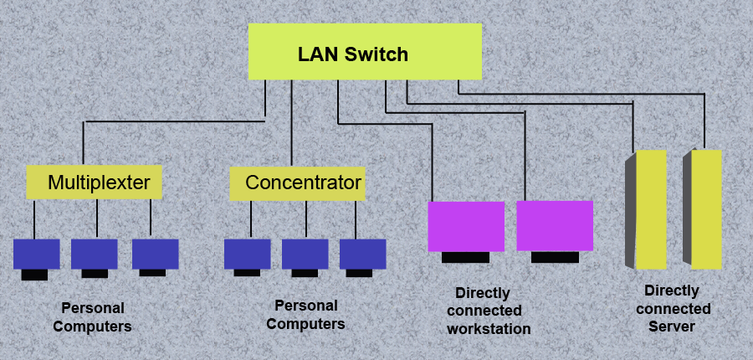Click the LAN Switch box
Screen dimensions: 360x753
point(365,52)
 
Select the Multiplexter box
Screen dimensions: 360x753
point(93,183)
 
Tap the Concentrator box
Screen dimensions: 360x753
point(297,183)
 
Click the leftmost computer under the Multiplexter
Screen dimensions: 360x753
point(36,254)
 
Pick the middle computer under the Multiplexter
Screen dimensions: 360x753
point(94,254)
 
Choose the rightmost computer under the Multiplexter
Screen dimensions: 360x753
point(155,254)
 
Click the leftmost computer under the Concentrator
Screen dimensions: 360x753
point(247,254)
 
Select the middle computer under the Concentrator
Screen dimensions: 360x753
point(305,254)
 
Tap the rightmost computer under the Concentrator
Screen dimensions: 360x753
point(362,254)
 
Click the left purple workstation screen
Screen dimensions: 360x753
point(466,226)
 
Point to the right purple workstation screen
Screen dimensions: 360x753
point(555,225)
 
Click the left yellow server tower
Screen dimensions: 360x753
point(650,209)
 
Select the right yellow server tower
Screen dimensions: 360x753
point(706,209)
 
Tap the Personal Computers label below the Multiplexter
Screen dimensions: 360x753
point(92,317)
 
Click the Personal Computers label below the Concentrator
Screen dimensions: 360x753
point(306,315)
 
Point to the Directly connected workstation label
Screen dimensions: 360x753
point(489,311)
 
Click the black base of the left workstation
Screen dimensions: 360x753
point(465,257)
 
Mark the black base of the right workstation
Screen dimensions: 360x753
point(555,257)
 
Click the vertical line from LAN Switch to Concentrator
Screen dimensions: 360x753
point(291,126)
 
